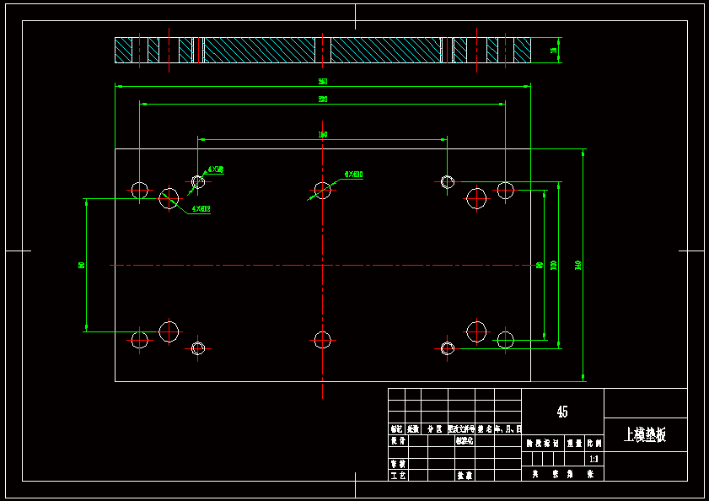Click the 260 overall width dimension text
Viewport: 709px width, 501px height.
(x=322, y=82)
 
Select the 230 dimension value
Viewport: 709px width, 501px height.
(x=322, y=100)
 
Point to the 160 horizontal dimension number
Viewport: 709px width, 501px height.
(x=322, y=135)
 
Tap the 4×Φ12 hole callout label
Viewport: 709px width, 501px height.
(x=201, y=208)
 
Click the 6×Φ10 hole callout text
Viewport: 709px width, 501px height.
(x=353, y=175)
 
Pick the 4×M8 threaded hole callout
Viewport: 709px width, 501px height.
(x=215, y=170)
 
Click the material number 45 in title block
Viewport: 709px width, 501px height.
(x=562, y=412)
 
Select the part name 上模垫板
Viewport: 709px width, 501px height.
(x=645, y=435)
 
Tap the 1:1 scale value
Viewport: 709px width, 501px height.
(x=594, y=460)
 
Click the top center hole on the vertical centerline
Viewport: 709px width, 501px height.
(x=322, y=189)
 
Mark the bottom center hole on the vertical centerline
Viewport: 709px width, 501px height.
(x=322, y=340)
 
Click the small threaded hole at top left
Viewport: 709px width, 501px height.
(x=198, y=181)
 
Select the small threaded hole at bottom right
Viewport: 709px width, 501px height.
(x=447, y=347)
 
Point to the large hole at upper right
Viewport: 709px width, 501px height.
(x=476, y=199)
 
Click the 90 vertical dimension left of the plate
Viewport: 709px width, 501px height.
(x=82, y=265)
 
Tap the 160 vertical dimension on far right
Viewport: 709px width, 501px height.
(x=577, y=265)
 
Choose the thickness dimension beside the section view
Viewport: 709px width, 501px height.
(x=554, y=51)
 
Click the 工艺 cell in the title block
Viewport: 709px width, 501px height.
(x=397, y=476)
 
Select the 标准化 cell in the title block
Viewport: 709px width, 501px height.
(x=465, y=440)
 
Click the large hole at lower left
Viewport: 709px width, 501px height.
(x=169, y=331)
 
